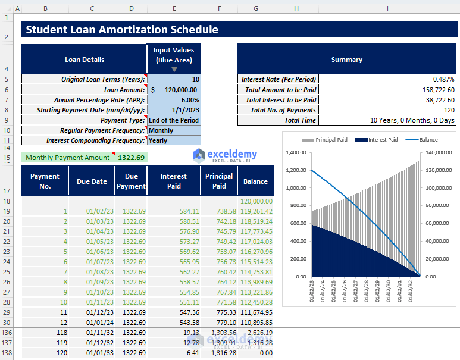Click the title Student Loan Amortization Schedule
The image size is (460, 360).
point(122,30)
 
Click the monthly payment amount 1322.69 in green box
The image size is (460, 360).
point(131,158)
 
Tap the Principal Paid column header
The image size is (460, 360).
point(219,181)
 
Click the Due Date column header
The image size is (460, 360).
point(92,181)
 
